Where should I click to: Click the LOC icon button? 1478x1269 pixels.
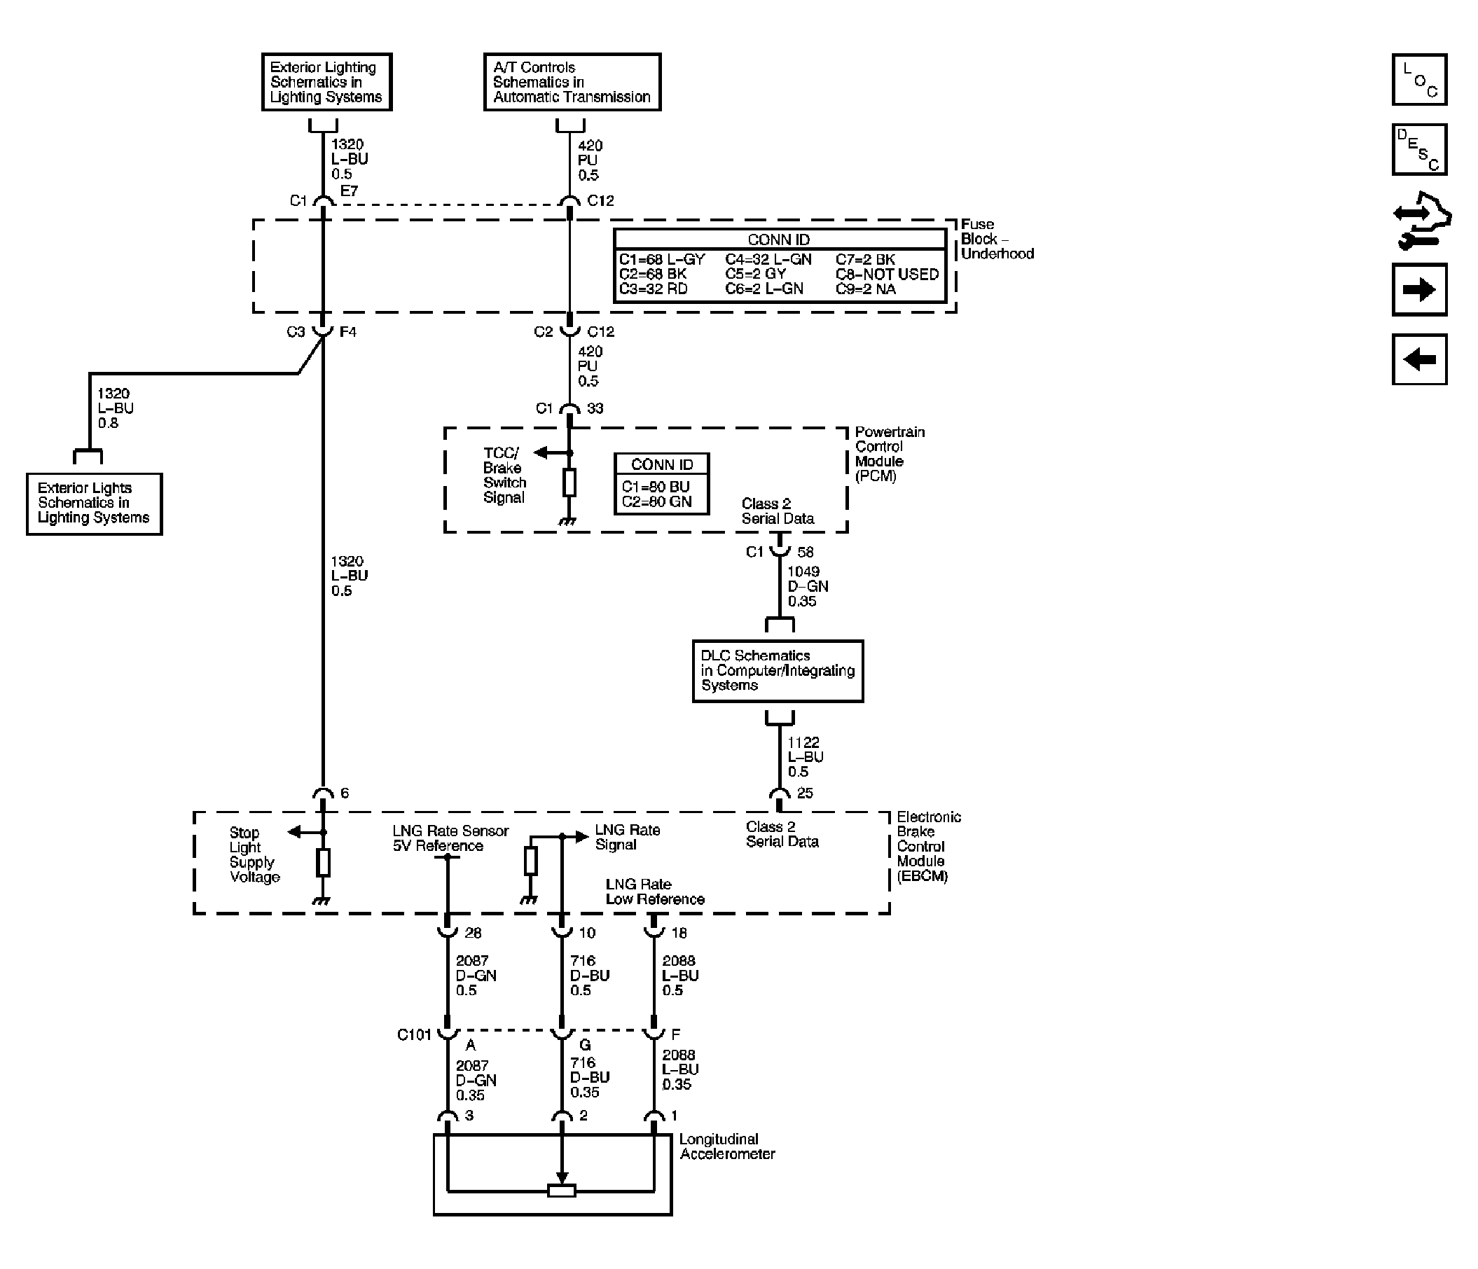click(1419, 80)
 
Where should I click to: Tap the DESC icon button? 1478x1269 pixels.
click(1419, 150)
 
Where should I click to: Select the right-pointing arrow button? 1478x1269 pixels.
click(1419, 290)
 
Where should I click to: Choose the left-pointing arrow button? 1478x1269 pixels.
click(1419, 359)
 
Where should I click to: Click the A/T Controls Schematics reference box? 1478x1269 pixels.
click(572, 82)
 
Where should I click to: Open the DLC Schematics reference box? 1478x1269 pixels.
click(778, 670)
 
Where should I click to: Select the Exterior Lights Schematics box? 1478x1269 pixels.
click(94, 504)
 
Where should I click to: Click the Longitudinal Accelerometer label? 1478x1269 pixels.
click(727, 1146)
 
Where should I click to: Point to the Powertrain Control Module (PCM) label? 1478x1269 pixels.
click(890, 454)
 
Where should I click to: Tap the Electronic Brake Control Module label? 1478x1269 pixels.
click(929, 847)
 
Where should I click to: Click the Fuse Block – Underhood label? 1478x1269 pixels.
click(997, 239)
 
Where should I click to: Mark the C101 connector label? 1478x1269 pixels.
click(414, 1035)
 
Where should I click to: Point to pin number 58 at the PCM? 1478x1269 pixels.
click(806, 552)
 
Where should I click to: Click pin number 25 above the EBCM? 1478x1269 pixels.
click(805, 793)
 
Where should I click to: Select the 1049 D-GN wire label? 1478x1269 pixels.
click(808, 586)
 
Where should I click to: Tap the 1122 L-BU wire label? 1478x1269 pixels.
click(806, 757)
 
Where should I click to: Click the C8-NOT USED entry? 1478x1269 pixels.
click(888, 274)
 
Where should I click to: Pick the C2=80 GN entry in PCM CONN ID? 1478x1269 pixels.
click(656, 501)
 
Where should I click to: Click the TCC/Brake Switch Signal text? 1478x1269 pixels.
click(504, 475)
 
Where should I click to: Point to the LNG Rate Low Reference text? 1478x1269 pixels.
click(655, 892)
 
